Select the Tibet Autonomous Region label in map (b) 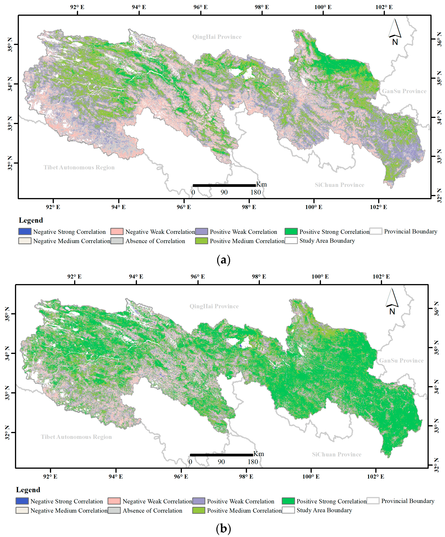click(x=76, y=437)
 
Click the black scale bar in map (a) click(x=224, y=185)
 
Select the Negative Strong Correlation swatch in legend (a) click(x=25, y=232)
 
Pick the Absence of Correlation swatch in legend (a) click(x=117, y=241)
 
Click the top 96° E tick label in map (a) click(x=200, y=7)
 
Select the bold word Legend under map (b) click(x=28, y=490)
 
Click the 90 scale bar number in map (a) click(x=224, y=192)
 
